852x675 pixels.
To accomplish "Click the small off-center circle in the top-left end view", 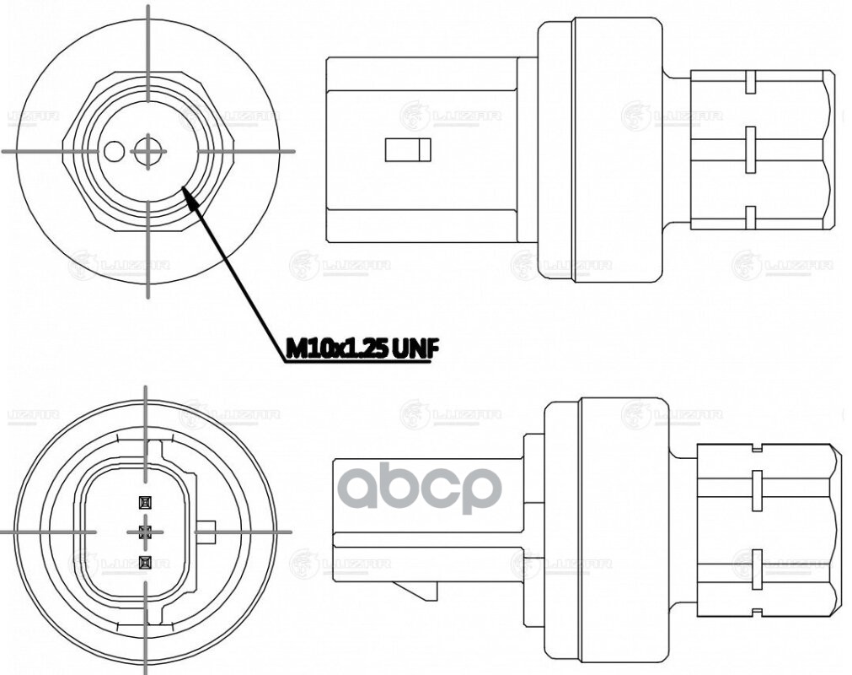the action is [x=114, y=152].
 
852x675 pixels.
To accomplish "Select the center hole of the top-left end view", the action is [x=148, y=152].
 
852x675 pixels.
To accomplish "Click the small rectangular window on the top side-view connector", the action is [x=408, y=150].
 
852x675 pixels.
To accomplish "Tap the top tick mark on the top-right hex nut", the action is [x=748, y=84].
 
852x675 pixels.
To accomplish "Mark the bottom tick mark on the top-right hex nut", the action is [x=748, y=217].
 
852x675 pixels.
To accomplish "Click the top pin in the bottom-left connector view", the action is [x=144, y=502].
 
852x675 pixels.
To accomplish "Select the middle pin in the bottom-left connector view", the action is [x=144, y=532].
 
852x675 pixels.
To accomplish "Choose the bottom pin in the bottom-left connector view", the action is [x=144, y=561].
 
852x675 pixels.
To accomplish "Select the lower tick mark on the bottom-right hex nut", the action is [x=756, y=563].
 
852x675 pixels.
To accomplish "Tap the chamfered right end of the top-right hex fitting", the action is [x=834, y=150].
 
